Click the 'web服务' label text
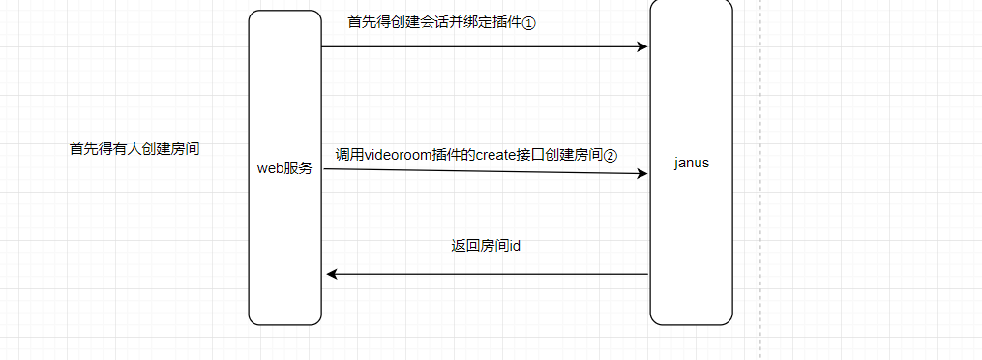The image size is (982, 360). [284, 167]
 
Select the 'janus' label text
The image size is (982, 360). [692, 163]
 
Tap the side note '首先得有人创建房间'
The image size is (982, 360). [134, 149]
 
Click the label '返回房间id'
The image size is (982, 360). [487, 246]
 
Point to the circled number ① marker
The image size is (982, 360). [528, 22]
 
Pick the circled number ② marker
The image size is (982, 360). [610, 155]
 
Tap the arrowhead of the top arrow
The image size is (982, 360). [641, 46]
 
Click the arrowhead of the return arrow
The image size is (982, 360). [332, 274]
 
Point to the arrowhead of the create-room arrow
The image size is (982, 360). [641, 174]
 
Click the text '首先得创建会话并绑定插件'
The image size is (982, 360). [434, 22]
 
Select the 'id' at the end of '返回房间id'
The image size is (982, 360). [516, 246]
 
